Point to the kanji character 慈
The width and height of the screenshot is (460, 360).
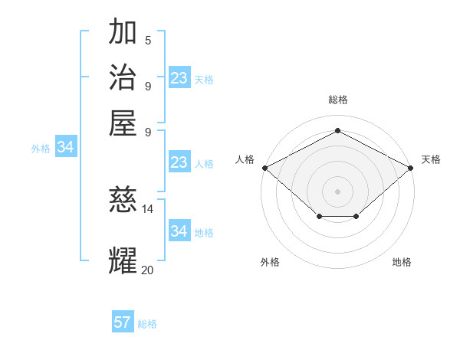(123, 201)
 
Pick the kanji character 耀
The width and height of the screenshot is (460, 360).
(123, 260)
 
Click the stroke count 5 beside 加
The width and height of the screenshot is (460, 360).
(148, 41)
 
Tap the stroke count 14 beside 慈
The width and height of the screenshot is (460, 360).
(148, 208)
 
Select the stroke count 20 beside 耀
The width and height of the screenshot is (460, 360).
(148, 270)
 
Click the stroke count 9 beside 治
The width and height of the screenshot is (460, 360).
(148, 85)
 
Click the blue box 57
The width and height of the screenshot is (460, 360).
(123, 322)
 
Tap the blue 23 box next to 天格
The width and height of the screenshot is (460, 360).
(179, 78)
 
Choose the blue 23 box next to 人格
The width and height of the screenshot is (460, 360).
(179, 162)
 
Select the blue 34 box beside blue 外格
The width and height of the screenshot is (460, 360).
(66, 148)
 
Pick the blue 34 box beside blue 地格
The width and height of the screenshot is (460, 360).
(179, 231)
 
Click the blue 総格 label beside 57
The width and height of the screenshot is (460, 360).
(147, 324)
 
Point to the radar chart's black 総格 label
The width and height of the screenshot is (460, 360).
(337, 100)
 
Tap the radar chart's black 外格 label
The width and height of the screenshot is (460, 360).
(270, 262)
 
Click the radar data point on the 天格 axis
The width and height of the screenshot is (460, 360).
(412, 168)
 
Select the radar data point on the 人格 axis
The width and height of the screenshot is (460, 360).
(264, 168)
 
